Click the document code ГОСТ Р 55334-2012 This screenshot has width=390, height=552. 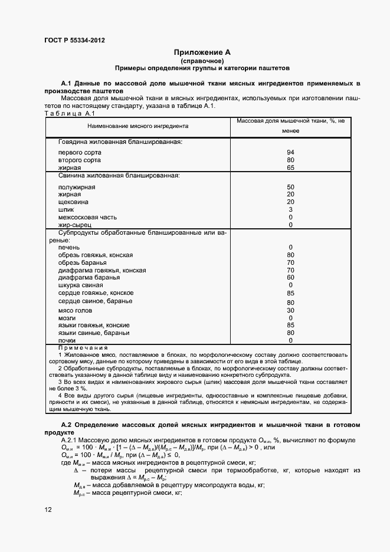pos(74,40)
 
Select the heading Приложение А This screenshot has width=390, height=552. pos(202,52)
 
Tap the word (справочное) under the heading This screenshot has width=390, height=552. pos(202,60)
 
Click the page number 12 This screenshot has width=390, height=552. pos(48,508)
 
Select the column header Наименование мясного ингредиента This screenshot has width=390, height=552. pos(137,126)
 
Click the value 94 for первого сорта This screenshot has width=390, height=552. pos(290,152)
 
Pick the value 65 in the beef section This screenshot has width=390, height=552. pos(290,168)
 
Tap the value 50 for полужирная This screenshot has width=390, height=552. pos(290,187)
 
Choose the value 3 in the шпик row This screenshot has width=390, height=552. pos(290,209)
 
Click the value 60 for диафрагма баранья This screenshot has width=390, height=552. pos(290,277)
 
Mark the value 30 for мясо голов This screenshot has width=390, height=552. pos(290,310)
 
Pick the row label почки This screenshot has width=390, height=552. pos(67,340)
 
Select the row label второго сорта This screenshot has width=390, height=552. pos(79,160)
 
